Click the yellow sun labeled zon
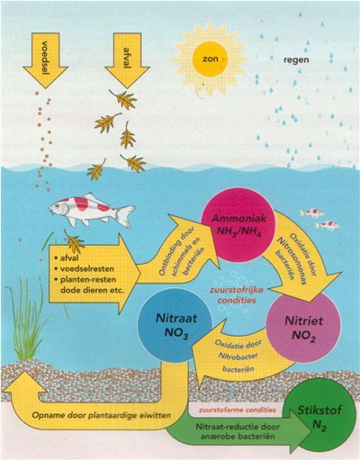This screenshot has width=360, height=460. click(x=210, y=59)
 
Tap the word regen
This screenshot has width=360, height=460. click(x=296, y=59)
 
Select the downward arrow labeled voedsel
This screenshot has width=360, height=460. click(x=46, y=59)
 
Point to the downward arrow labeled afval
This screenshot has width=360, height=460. click(x=127, y=59)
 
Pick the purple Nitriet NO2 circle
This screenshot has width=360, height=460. click(x=303, y=329)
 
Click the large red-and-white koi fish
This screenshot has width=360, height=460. click(x=92, y=209)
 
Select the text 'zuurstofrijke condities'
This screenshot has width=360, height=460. click(x=237, y=295)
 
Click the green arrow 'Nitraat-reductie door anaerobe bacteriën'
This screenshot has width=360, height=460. click(x=237, y=430)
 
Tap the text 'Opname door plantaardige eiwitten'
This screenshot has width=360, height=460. click(x=102, y=415)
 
